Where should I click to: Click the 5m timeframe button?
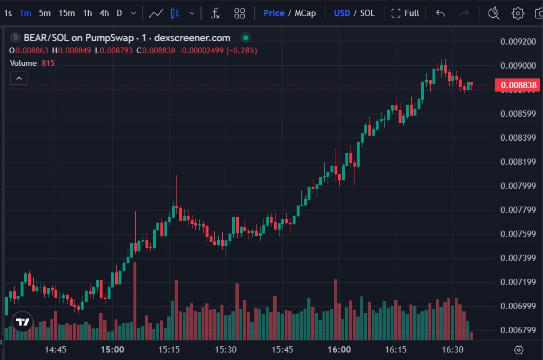coord(45,13)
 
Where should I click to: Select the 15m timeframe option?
coord(66,13)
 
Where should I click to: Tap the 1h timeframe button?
coord(87,13)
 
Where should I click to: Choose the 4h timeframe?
coord(104,13)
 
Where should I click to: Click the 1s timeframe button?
coord(8,13)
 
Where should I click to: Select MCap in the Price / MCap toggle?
coord(305,13)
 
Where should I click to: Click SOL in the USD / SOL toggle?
coord(367,13)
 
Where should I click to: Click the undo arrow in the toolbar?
coord(440,13)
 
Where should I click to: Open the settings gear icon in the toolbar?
coord(518,13)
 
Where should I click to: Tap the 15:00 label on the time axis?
coord(112,349)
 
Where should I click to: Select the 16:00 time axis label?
coord(339,349)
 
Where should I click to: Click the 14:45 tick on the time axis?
coord(56,349)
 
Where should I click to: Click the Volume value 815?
coord(48,63)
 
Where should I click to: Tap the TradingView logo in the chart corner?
coord(22,322)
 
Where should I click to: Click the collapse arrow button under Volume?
coord(19,78)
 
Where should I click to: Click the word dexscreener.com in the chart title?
coord(192,38)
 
